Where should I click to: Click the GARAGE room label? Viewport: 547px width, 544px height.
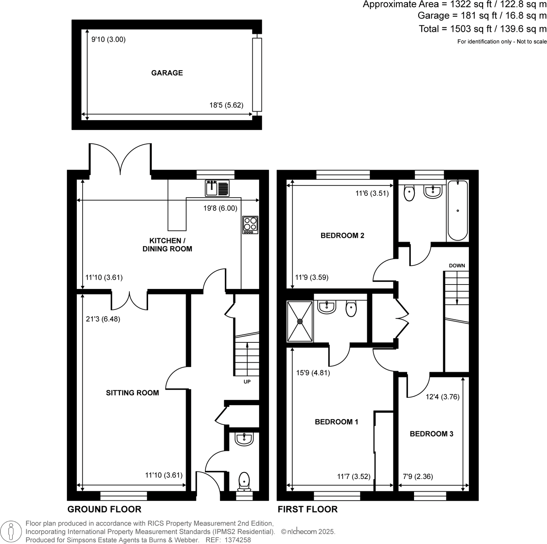[167, 73]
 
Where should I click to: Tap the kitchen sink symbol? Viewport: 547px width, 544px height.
[217, 188]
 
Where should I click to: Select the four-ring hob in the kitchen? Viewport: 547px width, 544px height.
[250, 225]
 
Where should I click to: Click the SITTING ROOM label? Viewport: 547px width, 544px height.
[132, 393]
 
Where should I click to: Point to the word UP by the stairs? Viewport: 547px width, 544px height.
[247, 382]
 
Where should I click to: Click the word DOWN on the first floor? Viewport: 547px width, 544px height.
[457, 266]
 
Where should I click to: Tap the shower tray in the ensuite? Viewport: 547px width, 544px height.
[300, 321]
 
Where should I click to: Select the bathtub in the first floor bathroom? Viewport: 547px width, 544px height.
[457, 211]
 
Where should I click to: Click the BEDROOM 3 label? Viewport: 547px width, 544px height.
[431, 434]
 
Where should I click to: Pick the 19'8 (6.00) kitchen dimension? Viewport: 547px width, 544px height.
[220, 208]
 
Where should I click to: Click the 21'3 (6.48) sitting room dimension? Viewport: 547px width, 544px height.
[103, 319]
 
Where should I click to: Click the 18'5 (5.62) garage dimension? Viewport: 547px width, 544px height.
[226, 105]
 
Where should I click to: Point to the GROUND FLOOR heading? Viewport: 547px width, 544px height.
[104, 509]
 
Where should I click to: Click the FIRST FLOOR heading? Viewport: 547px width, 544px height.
[308, 509]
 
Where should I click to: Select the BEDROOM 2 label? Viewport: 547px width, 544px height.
[342, 236]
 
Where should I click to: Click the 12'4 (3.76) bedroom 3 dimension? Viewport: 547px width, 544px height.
[442, 397]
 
